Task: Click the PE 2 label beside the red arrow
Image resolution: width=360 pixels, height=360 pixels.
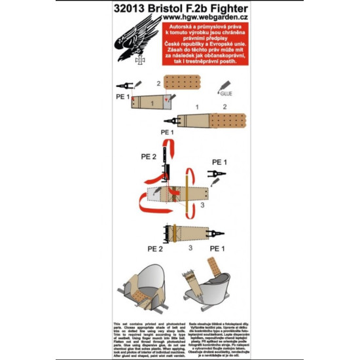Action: click(150, 156)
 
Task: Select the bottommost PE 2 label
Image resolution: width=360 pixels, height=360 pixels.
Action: click(156, 249)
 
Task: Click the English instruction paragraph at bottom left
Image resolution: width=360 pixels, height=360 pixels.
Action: click(147, 334)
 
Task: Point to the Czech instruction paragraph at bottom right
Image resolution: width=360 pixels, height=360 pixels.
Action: click(211, 334)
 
